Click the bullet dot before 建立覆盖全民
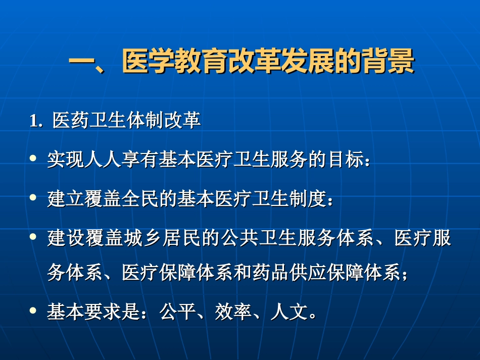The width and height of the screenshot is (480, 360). (x=33, y=197)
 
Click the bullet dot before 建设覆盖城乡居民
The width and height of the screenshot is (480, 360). (x=33, y=236)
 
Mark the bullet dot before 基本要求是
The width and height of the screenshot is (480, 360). (x=33, y=312)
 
